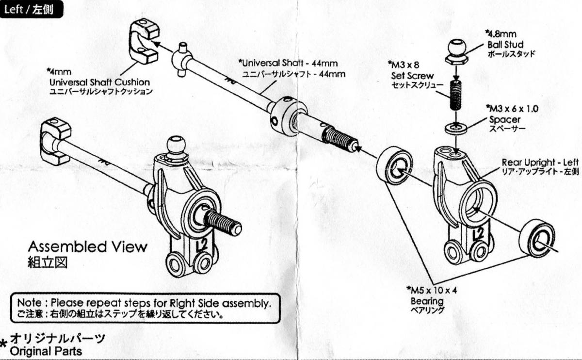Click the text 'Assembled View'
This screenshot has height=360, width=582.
87,246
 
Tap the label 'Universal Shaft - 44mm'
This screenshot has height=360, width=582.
289,63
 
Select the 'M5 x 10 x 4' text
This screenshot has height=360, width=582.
433,291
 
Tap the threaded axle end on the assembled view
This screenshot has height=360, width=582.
223,223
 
